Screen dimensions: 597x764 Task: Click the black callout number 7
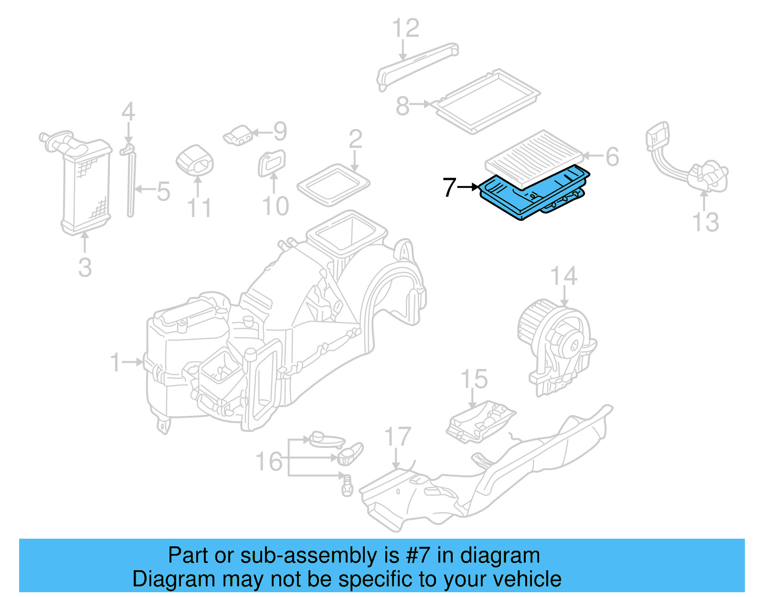[x=449, y=187]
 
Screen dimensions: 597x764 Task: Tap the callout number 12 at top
[x=405, y=28]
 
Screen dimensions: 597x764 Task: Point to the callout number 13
[x=705, y=222]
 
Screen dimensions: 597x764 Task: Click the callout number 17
[x=397, y=437]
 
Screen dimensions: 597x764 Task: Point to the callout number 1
[x=115, y=362]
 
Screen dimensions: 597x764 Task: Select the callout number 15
[x=474, y=379]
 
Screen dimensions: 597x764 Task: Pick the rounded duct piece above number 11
[x=195, y=160]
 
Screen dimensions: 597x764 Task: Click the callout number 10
[x=276, y=206]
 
